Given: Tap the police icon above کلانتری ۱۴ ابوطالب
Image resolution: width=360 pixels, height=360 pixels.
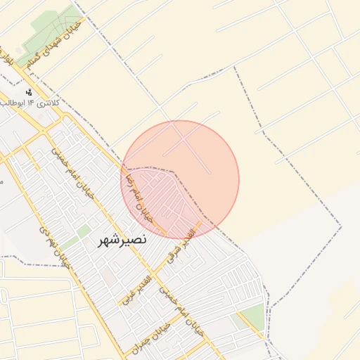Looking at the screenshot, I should (x=29, y=92).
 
